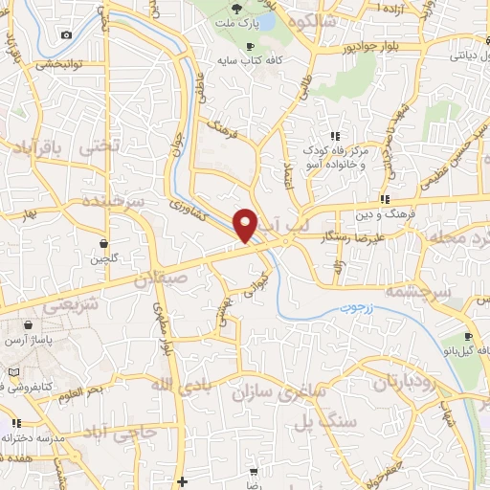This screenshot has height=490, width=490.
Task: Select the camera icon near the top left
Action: [66, 35]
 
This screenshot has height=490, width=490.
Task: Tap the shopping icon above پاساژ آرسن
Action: [39, 326]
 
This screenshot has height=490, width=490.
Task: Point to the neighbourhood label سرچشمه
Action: [417, 289]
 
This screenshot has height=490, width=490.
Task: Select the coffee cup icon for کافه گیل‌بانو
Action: [469, 337]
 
